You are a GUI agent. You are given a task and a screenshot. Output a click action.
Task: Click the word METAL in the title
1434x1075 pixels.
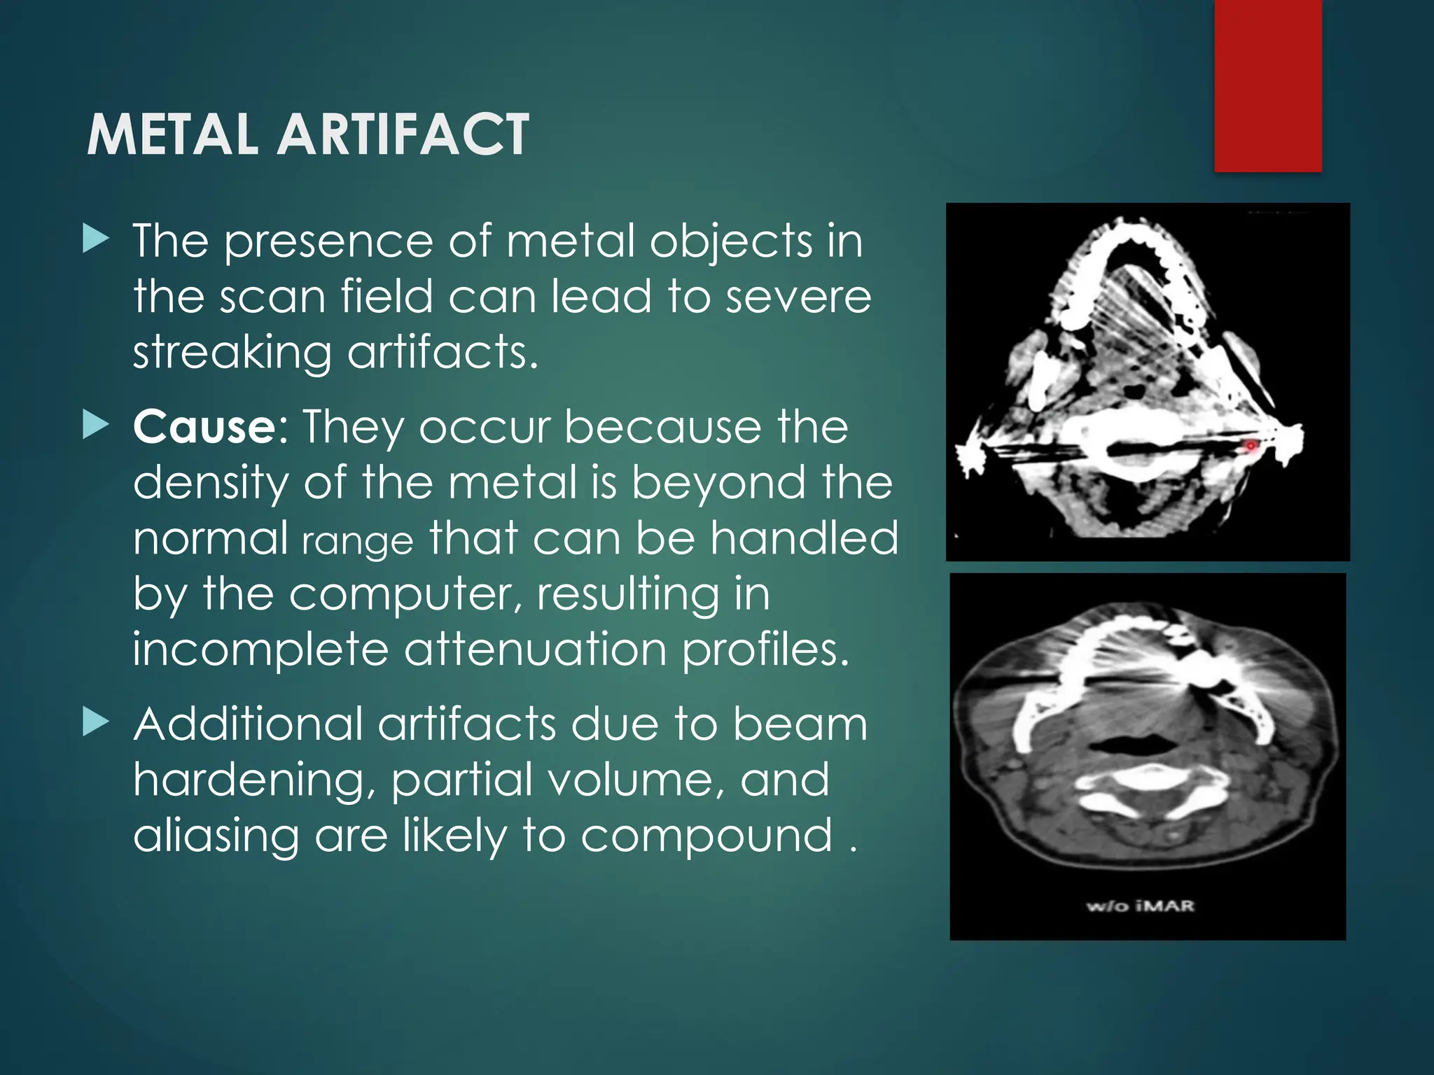(x=174, y=134)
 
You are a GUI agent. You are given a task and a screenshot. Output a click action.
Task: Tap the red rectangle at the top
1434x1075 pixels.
(x=1267, y=85)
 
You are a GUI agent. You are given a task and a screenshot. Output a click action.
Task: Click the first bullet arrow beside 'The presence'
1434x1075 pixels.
(x=96, y=239)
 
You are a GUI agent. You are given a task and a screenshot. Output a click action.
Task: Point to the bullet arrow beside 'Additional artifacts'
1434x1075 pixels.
(x=96, y=722)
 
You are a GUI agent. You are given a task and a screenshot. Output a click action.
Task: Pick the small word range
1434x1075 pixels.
(x=357, y=541)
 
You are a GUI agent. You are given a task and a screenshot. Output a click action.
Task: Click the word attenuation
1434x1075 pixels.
(x=536, y=650)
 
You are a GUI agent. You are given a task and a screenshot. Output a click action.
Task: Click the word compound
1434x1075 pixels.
(x=706, y=837)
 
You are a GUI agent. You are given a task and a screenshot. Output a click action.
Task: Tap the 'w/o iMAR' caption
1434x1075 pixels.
(x=1141, y=906)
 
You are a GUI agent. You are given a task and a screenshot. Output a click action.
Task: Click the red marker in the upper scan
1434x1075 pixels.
(x=1250, y=445)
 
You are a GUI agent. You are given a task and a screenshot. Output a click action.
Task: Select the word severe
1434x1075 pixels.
(x=798, y=297)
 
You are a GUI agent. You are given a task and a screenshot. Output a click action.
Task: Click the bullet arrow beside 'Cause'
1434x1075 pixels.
(x=96, y=425)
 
